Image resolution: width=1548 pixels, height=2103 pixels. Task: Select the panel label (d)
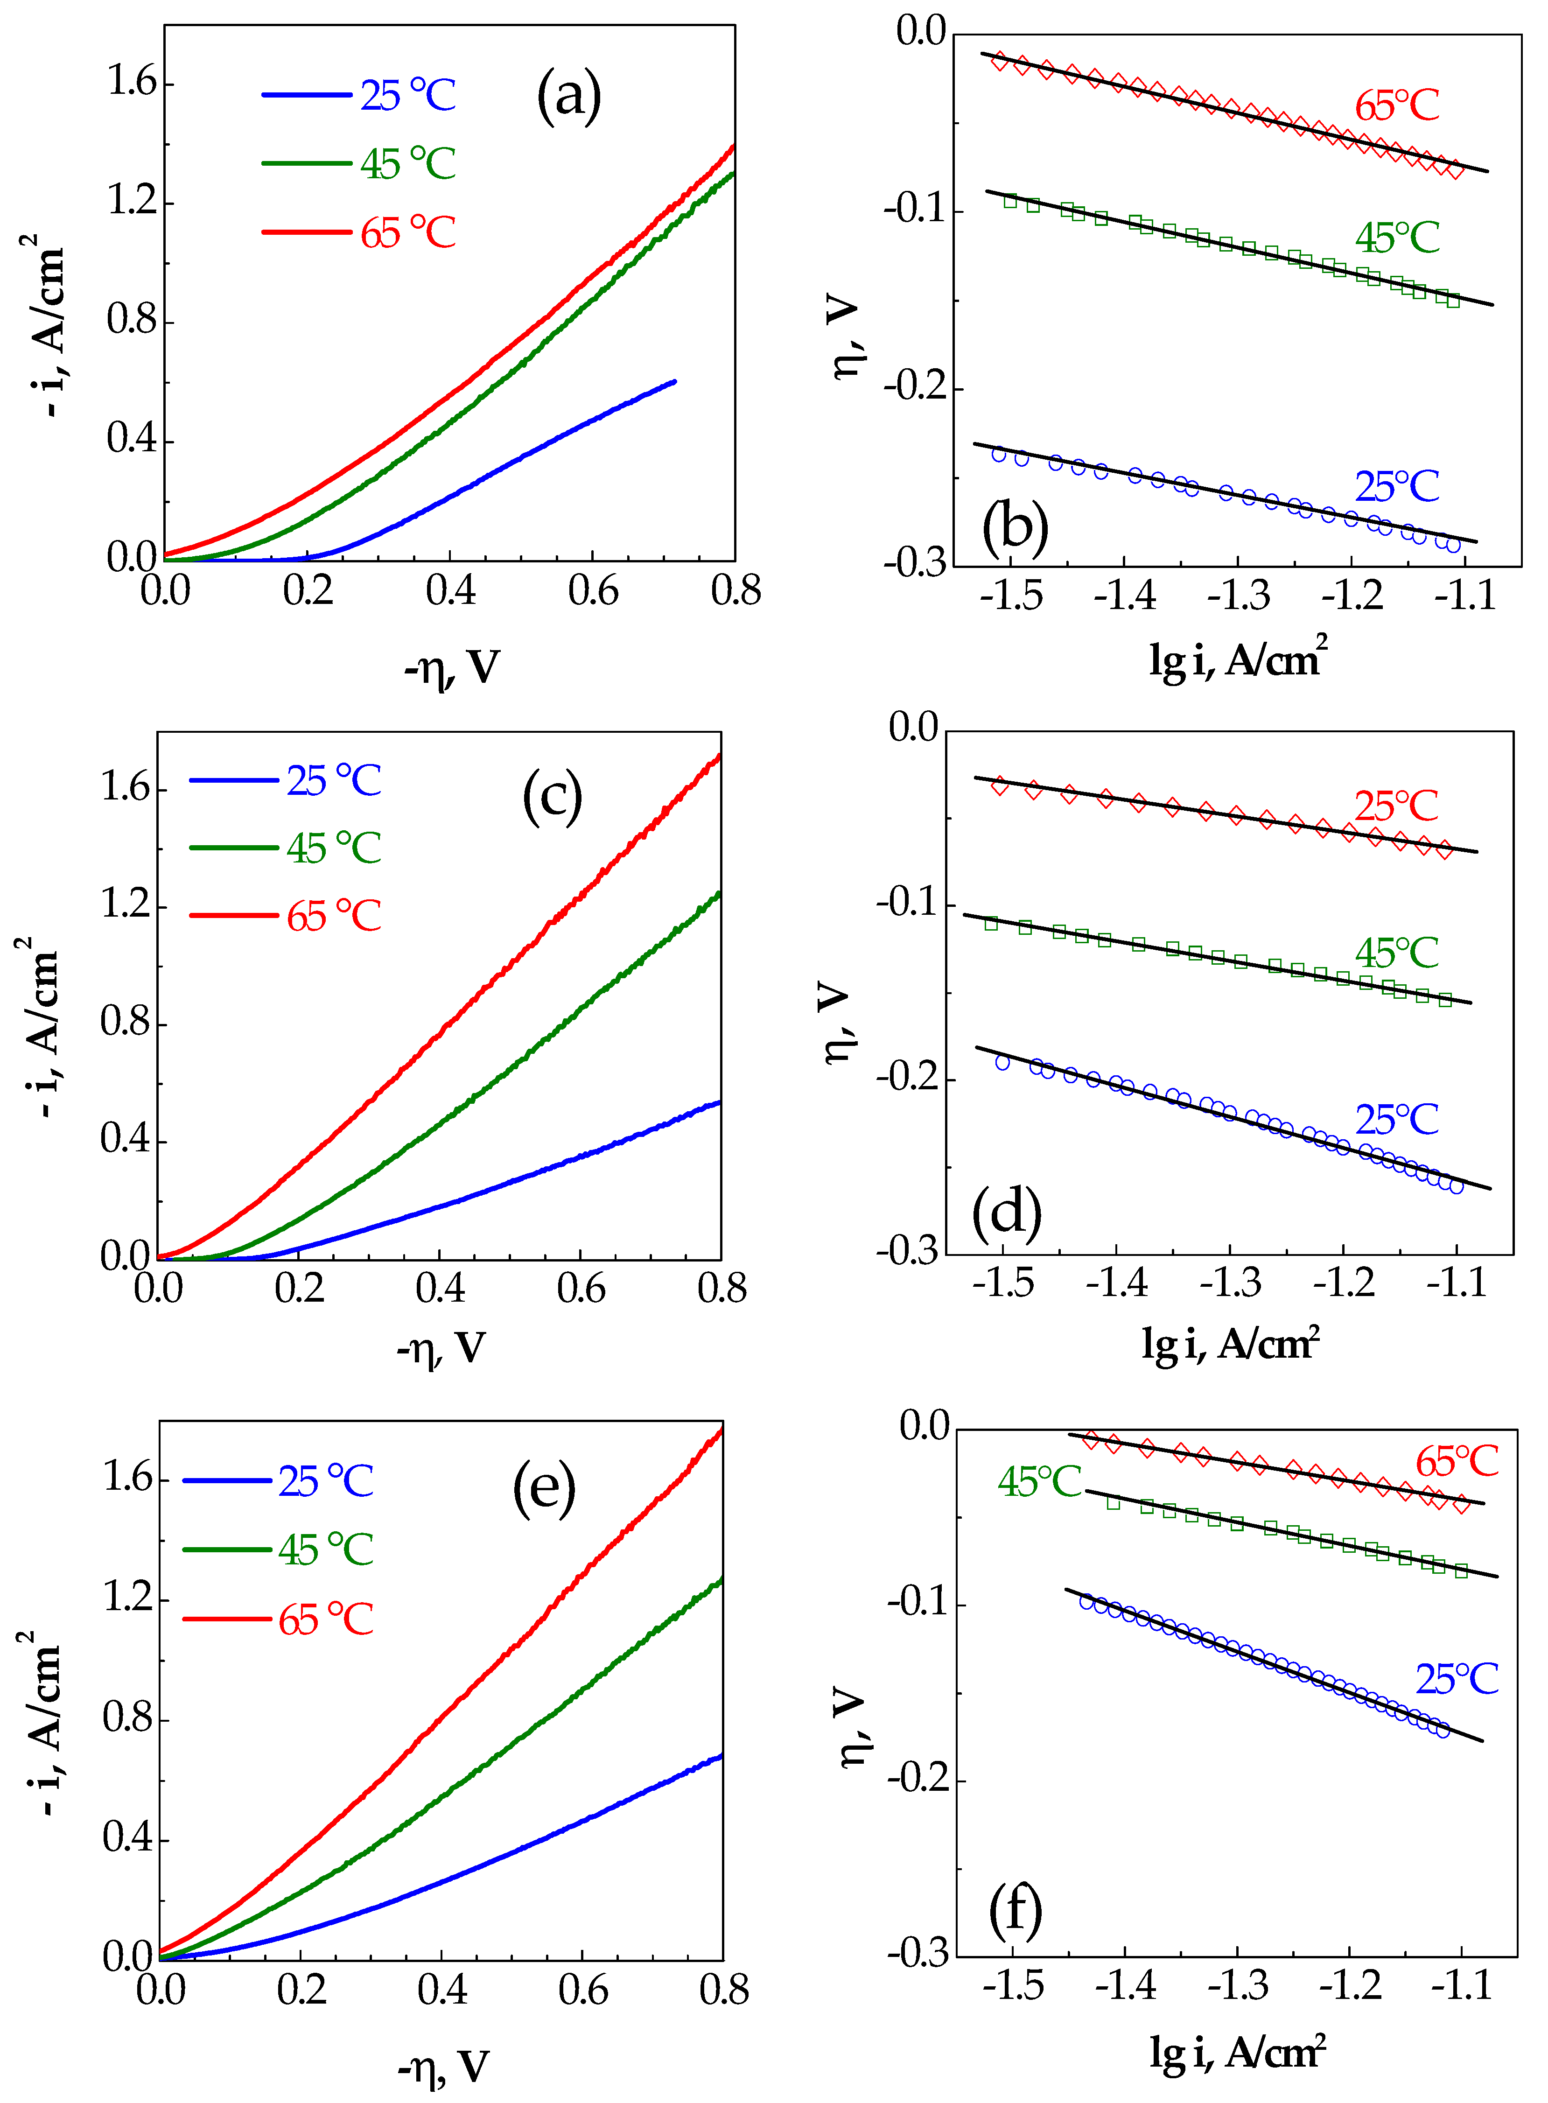tap(1006, 1212)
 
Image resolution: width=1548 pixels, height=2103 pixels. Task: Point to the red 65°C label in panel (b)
tap(1396, 106)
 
